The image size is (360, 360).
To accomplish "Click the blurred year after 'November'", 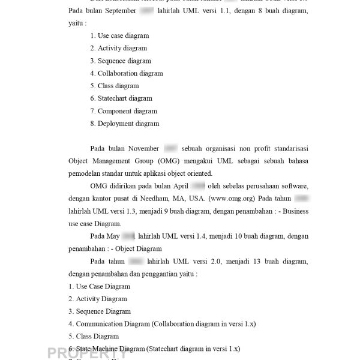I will (x=170, y=148).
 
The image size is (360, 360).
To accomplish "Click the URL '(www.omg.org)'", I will (x=230, y=198).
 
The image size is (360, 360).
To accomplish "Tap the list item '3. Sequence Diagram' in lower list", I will (x=99, y=311).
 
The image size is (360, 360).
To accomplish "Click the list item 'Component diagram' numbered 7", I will (x=127, y=112).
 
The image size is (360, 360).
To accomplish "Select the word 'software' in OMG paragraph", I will (x=294, y=186).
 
